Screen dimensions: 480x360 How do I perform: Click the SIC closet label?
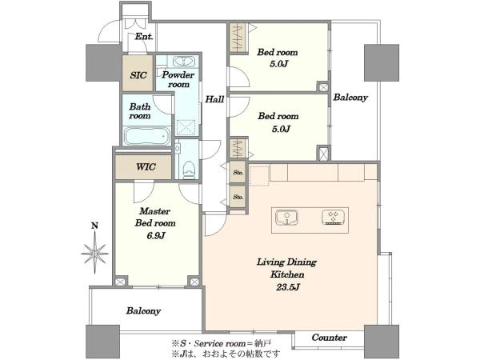click(138, 75)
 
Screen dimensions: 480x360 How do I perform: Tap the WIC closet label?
click(146, 167)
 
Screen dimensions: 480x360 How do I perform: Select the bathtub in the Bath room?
click(146, 136)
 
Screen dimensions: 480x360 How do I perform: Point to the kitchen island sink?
click(286, 217)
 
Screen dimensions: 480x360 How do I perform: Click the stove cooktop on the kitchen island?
click(334, 218)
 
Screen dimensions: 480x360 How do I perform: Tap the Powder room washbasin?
click(184, 62)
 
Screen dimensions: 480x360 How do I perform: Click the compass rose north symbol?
click(95, 253)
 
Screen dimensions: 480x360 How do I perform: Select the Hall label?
click(214, 99)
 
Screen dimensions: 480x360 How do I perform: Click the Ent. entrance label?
click(144, 37)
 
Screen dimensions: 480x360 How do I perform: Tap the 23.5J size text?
click(288, 287)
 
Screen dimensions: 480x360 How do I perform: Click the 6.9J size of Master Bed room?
click(155, 236)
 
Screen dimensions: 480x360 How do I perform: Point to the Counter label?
click(329, 338)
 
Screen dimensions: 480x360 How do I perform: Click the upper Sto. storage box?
click(238, 172)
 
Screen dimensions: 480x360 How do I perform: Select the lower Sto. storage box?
click(238, 197)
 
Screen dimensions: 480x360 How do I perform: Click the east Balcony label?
click(350, 98)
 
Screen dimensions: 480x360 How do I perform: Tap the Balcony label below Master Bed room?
click(143, 311)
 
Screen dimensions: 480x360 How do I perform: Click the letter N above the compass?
click(95, 226)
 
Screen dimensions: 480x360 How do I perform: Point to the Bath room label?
click(140, 111)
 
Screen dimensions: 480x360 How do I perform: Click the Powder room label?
click(178, 79)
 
